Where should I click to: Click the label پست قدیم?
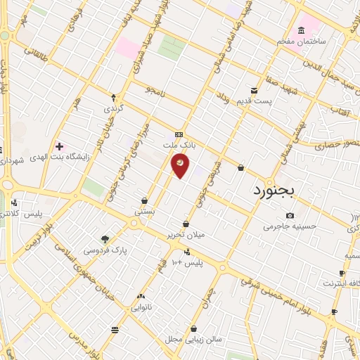(x=254, y=102)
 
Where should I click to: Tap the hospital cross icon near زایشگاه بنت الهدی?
(x=60, y=147)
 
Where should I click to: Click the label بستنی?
(x=145, y=210)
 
